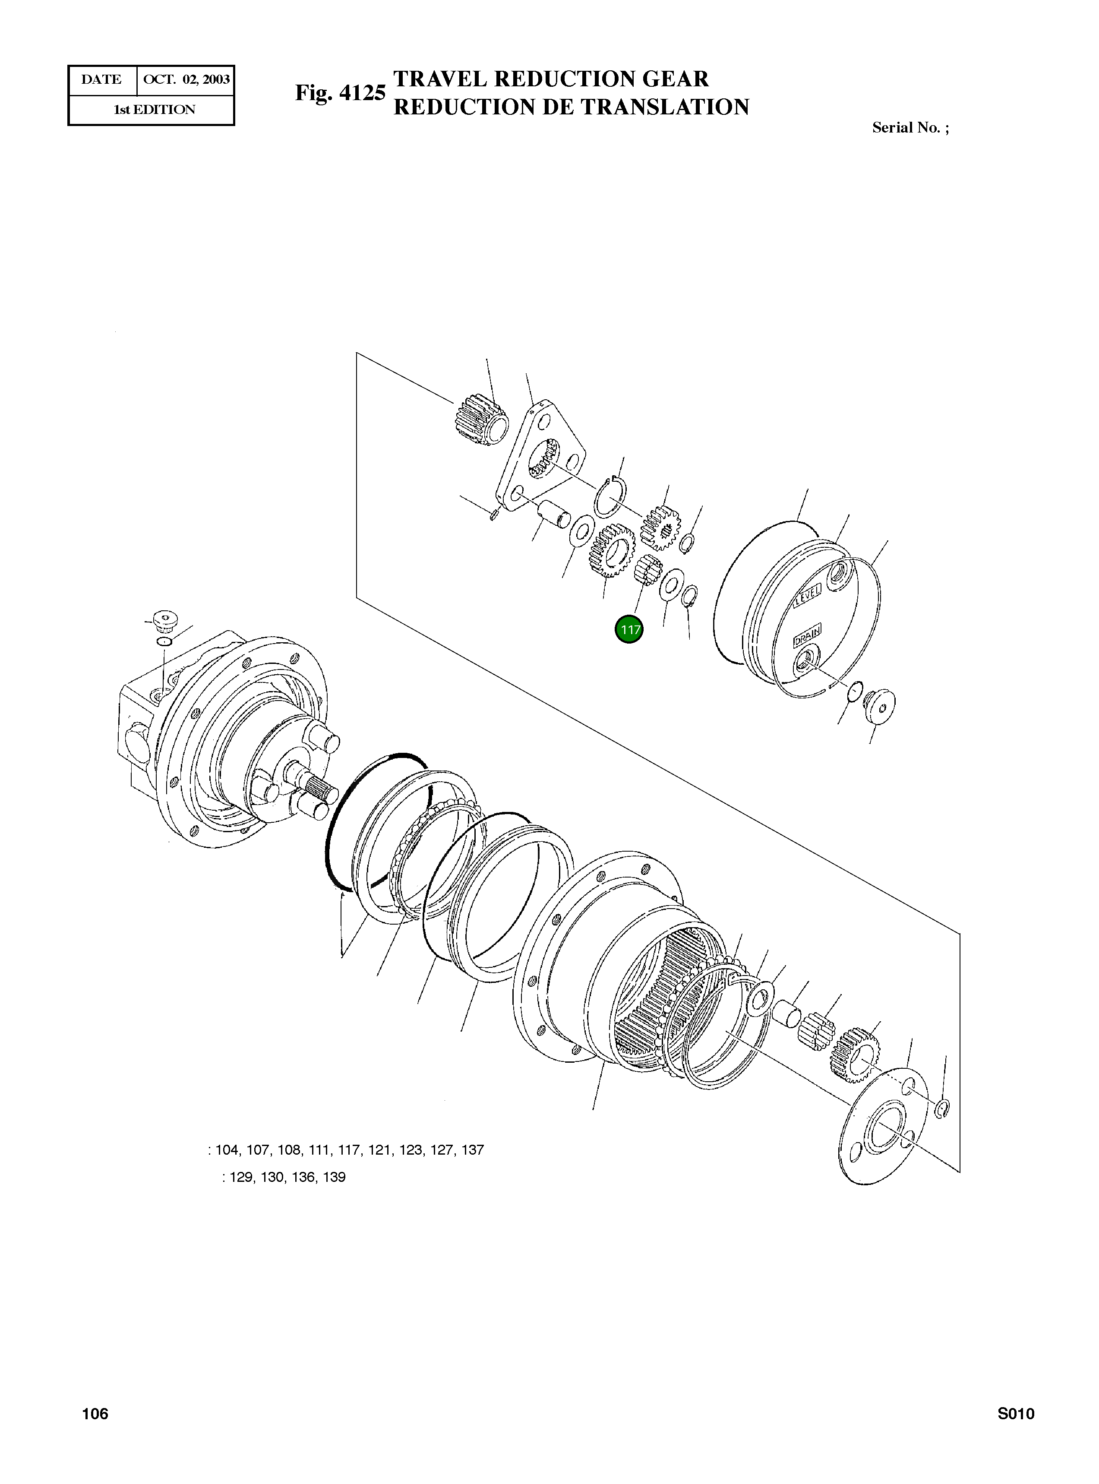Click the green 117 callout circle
coord(628,629)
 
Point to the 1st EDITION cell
coord(154,110)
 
